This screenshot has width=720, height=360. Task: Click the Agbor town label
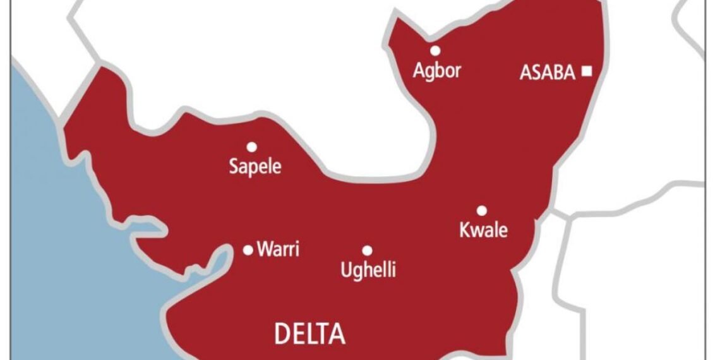pyautogui.click(x=437, y=70)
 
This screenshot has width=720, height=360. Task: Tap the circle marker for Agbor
pyautogui.click(x=435, y=51)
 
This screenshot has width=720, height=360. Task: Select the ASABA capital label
pyautogui.click(x=547, y=73)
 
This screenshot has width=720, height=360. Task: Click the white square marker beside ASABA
pyautogui.click(x=587, y=71)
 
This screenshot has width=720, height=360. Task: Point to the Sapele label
pyautogui.click(x=255, y=168)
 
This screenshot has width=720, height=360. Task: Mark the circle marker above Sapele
pyautogui.click(x=251, y=147)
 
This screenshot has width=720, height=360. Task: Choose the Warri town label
pyautogui.click(x=278, y=249)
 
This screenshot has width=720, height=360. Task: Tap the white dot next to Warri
pyautogui.click(x=248, y=250)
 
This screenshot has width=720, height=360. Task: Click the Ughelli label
pyautogui.click(x=368, y=270)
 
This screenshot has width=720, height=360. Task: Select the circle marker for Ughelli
pyautogui.click(x=367, y=250)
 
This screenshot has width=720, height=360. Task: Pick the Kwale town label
pyautogui.click(x=483, y=230)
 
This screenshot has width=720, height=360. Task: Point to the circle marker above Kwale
pyautogui.click(x=482, y=210)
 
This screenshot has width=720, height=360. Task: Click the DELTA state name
pyautogui.click(x=309, y=333)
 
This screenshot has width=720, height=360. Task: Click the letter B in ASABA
pyautogui.click(x=554, y=73)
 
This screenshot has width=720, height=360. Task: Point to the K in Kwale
pyautogui.click(x=464, y=230)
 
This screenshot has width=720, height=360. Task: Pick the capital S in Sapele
pyautogui.click(x=232, y=168)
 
